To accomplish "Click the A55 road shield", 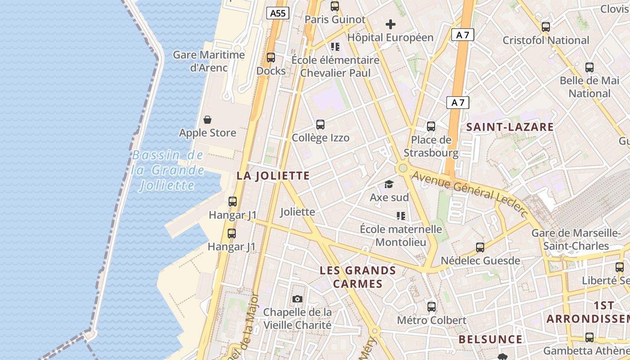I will pyautogui.click(x=278, y=13).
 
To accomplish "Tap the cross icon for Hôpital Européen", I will pyautogui.click(x=391, y=24).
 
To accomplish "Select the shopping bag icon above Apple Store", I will pyautogui.click(x=207, y=120).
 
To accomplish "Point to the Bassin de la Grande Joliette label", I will pyautogui.click(x=167, y=171).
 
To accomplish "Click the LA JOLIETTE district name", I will pyautogui.click(x=273, y=176).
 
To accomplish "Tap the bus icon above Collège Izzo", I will pyautogui.click(x=320, y=125).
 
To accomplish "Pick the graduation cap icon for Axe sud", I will pyautogui.click(x=389, y=184).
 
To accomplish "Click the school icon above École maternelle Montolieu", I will pyautogui.click(x=400, y=216).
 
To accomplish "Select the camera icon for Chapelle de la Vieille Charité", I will pyautogui.click(x=297, y=299).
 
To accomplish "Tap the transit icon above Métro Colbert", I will pyautogui.click(x=432, y=307).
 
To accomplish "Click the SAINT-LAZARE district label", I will pyautogui.click(x=510, y=127).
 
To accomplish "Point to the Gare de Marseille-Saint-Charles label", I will pyautogui.click(x=576, y=239).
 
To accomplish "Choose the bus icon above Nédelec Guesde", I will pyautogui.click(x=480, y=247).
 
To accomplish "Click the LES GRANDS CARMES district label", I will pyautogui.click(x=358, y=277).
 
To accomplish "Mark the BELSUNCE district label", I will pyautogui.click(x=490, y=339).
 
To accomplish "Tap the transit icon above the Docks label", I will pyautogui.click(x=271, y=58).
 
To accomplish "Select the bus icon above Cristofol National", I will pyautogui.click(x=546, y=27).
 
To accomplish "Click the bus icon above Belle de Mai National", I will pyautogui.click(x=589, y=67).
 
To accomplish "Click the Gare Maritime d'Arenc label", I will pyautogui.click(x=209, y=61).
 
